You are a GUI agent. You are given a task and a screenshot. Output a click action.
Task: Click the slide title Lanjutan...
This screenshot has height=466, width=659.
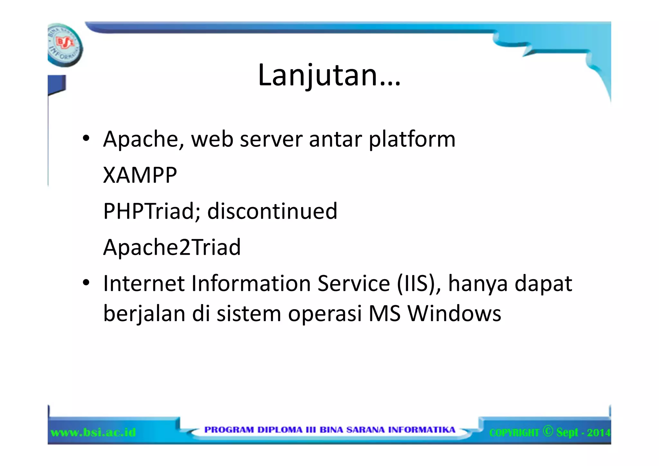click(329, 75)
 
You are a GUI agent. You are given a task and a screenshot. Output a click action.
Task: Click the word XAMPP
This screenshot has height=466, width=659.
click(140, 176)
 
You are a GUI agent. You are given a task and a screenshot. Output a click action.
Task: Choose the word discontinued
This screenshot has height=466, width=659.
click(272, 211)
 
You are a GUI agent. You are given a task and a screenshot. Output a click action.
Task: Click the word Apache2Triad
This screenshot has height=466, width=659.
click(172, 247)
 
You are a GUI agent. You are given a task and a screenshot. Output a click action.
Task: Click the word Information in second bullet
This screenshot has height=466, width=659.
click(251, 283)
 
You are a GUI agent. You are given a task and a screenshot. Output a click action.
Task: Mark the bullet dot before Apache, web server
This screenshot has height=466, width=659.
click(86, 139)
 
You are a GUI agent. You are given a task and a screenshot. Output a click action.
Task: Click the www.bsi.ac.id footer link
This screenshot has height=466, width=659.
click(93, 432)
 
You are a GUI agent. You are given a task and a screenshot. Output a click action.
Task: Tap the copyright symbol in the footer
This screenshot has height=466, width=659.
click(547, 431)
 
